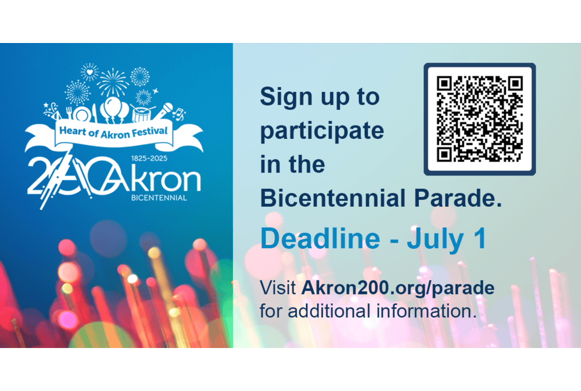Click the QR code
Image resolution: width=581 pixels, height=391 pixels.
[x=479, y=119]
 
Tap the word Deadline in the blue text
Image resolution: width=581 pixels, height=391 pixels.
[x=321, y=238]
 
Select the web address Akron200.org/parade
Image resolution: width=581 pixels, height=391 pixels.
[x=398, y=288]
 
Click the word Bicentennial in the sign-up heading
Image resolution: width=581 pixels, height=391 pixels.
[x=333, y=198]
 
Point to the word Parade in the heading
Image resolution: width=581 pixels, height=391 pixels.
[x=458, y=198]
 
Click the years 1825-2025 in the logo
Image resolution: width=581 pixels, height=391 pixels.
[x=149, y=158]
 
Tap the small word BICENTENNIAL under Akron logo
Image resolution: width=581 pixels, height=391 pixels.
[x=159, y=198]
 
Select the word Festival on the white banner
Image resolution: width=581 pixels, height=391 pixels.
[x=150, y=131]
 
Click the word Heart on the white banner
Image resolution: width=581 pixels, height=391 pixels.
[x=73, y=131]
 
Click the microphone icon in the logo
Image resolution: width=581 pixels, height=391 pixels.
[x=164, y=110]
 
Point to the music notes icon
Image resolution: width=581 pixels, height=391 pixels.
[x=180, y=114]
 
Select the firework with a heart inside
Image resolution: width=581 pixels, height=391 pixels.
[x=89, y=72]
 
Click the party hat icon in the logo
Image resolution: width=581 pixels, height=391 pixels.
[x=51, y=111]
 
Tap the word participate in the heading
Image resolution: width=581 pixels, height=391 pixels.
[x=322, y=131]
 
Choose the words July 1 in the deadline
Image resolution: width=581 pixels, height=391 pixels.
[x=446, y=239]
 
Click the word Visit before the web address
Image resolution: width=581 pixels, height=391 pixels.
[x=278, y=288]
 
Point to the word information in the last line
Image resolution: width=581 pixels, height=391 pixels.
[x=426, y=311]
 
